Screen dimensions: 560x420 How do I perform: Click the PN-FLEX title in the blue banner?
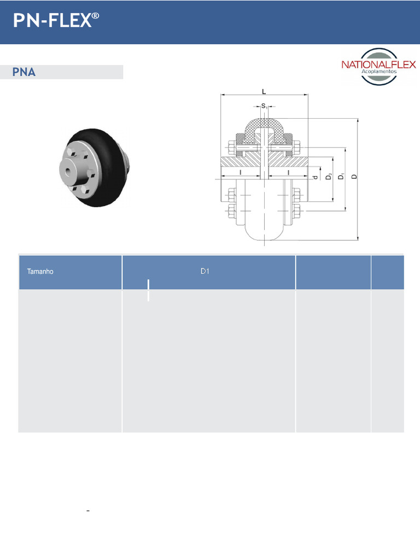pyautogui.click(x=52, y=21)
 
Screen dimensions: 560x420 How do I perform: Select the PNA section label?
pyautogui.click(x=25, y=72)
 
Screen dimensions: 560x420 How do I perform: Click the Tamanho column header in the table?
pyautogui.click(x=40, y=271)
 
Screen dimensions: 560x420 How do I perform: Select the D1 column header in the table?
pyautogui.click(x=205, y=271)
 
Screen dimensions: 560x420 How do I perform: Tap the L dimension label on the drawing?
pyautogui.click(x=264, y=91)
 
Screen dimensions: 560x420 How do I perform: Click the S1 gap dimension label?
pyautogui.click(x=265, y=106)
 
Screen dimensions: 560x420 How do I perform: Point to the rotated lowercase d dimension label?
pyautogui.click(x=315, y=177)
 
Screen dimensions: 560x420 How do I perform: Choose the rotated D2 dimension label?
pyautogui.click(x=329, y=177)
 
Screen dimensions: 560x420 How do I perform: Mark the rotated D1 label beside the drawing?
pyautogui.click(x=342, y=177)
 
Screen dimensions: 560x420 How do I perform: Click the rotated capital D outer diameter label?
pyautogui.click(x=354, y=177)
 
